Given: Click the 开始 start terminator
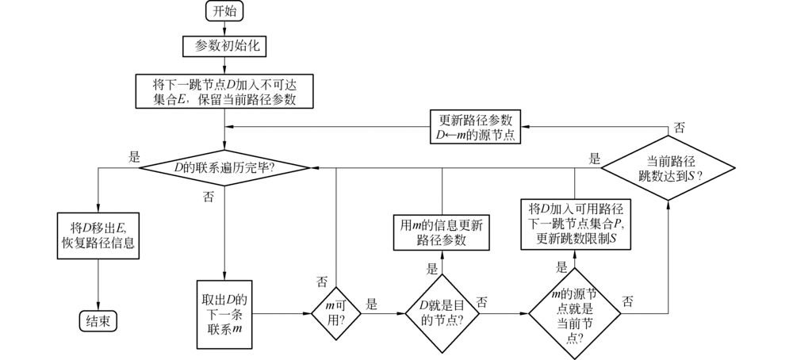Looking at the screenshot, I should (225, 11).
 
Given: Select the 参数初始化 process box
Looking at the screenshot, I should (226, 46).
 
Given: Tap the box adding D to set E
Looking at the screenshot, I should (226, 91).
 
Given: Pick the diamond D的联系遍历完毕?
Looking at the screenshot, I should (225, 167).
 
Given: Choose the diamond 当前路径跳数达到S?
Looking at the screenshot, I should (668, 167).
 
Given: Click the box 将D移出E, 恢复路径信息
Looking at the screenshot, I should (98, 235).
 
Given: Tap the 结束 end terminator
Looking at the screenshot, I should (98, 320).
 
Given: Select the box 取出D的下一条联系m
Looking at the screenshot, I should (226, 313).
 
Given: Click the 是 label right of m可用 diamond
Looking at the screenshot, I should (371, 303).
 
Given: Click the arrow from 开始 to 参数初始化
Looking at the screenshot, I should (226, 29).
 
